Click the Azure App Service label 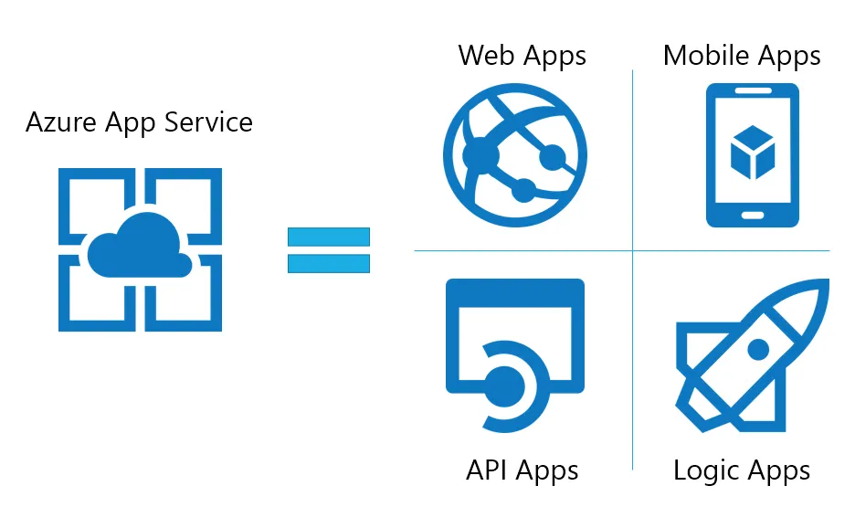pyautogui.click(x=139, y=122)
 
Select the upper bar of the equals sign pyautogui.click(x=329, y=237)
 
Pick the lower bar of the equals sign pyautogui.click(x=329, y=264)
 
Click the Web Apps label pyautogui.click(x=522, y=56)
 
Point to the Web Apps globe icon pyautogui.click(x=515, y=152)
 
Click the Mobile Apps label pyautogui.click(x=742, y=56)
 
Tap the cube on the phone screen pyautogui.click(x=753, y=152)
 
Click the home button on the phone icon pyautogui.click(x=753, y=215)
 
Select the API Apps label pyautogui.click(x=522, y=470)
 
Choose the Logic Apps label pyautogui.click(x=742, y=470)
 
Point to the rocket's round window pyautogui.click(x=757, y=349)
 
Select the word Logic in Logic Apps pyautogui.click(x=706, y=470)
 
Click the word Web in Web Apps pyautogui.click(x=483, y=56)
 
